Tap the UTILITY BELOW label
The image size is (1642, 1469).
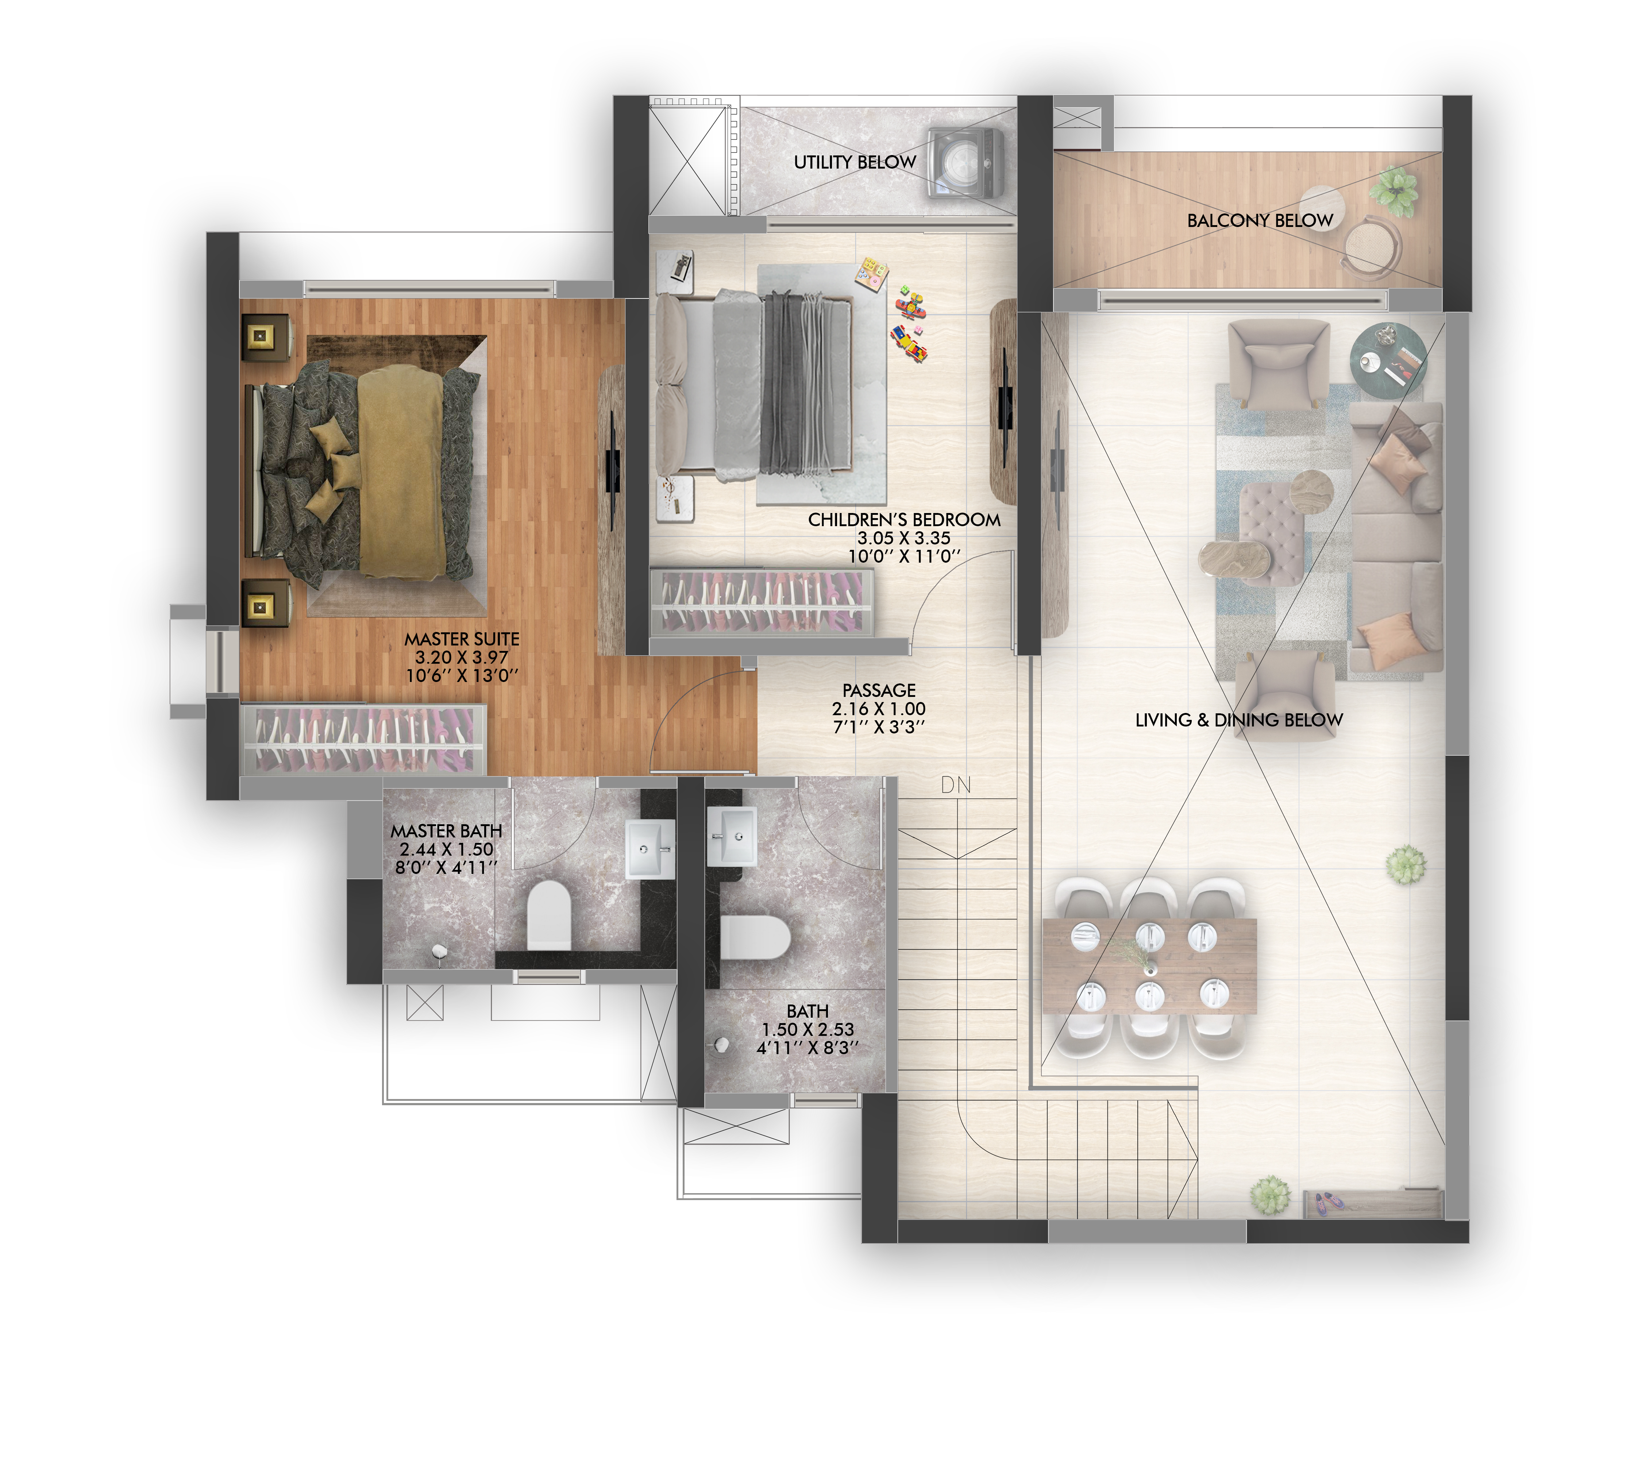[x=855, y=162]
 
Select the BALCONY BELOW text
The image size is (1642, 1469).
[x=1259, y=220]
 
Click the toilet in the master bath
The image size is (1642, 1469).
[x=549, y=914]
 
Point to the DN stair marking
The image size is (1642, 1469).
[x=956, y=784]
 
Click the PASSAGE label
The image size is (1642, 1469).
[x=879, y=691]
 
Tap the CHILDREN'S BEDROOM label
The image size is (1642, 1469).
[x=904, y=520]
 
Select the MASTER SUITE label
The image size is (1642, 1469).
[x=462, y=639]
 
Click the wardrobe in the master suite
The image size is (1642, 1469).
[x=363, y=739]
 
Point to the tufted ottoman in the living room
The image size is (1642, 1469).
[x=1272, y=533]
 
